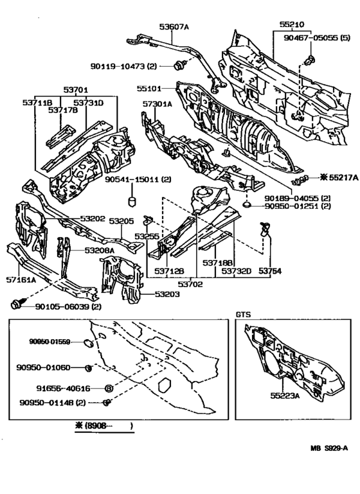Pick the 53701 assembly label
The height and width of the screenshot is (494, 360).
(x=75, y=91)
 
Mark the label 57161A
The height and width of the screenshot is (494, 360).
(x=21, y=280)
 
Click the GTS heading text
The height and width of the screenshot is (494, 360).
(x=242, y=315)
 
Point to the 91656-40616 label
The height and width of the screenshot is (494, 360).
(x=64, y=389)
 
